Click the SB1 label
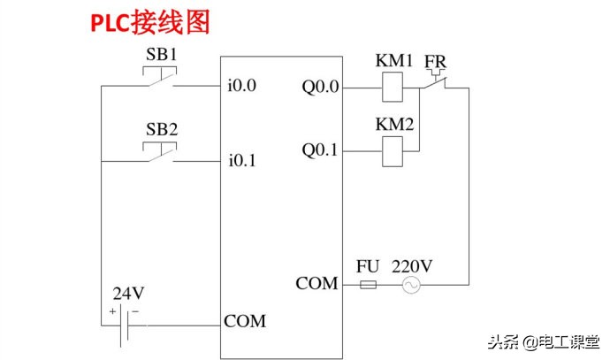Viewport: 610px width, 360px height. click(x=162, y=54)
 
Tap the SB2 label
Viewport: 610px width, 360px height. click(x=162, y=129)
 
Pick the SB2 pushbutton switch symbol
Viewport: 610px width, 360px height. click(x=161, y=156)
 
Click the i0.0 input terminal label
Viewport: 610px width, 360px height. click(x=241, y=88)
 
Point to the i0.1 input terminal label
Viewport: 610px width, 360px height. click(x=241, y=162)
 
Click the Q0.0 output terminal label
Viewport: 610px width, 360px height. click(x=319, y=88)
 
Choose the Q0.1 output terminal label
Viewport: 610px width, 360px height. click(x=319, y=150)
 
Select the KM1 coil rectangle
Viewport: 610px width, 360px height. click(x=394, y=87)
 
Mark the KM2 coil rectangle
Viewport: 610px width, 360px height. click(x=394, y=152)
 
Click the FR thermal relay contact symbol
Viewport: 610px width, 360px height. click(x=434, y=82)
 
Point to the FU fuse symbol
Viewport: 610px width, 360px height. click(x=370, y=285)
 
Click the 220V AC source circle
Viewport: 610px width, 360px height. click(x=410, y=285)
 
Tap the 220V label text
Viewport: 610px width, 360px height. click(x=412, y=265)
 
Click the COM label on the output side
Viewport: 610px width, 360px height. click(x=316, y=284)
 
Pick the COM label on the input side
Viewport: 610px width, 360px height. click(x=245, y=321)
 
